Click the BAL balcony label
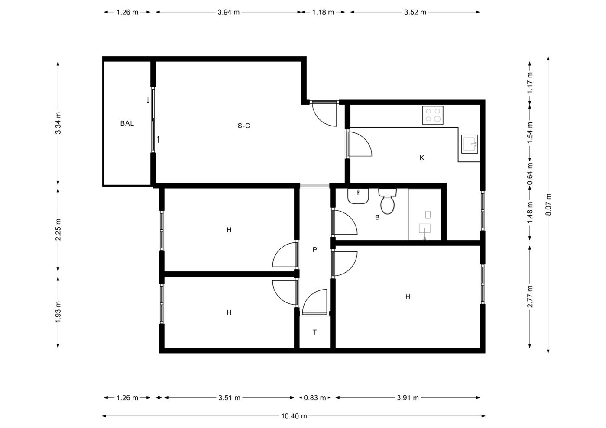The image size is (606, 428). tap(127, 123)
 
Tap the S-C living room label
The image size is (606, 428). tap(244, 126)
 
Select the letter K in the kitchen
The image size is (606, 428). tap(422, 158)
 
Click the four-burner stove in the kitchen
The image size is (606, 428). tap(433, 116)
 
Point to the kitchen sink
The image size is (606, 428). tap(470, 144)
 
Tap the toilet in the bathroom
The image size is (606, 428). tap(387, 201)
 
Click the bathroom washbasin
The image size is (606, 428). tap(358, 196)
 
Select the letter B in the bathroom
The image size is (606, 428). tap(377, 217)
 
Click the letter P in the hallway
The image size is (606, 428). tap(314, 249)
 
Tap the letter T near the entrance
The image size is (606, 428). tap(314, 332)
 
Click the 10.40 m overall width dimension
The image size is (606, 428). tap(294, 416)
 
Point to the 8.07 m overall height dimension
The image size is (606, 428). tap(548, 204)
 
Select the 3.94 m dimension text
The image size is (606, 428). tap(229, 12)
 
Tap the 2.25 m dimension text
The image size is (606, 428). tap(58, 229)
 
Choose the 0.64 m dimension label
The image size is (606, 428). tap(530, 174)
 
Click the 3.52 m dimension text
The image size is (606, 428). tap(415, 12)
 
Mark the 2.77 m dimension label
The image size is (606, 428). tap(530, 296)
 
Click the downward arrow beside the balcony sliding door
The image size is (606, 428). tap(148, 100)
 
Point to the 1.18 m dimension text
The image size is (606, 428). tap(323, 12)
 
